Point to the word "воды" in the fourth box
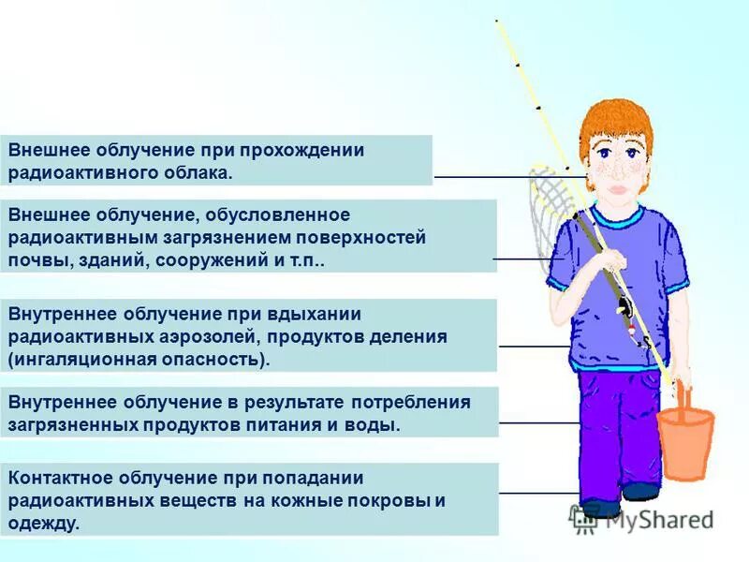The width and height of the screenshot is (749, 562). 376,424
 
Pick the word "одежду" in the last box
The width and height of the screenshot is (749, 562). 43,523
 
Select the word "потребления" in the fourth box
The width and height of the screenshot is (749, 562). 410,403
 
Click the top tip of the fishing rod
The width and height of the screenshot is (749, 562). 497,21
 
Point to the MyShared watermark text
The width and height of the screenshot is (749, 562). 654,518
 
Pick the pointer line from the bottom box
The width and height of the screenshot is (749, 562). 538,493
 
